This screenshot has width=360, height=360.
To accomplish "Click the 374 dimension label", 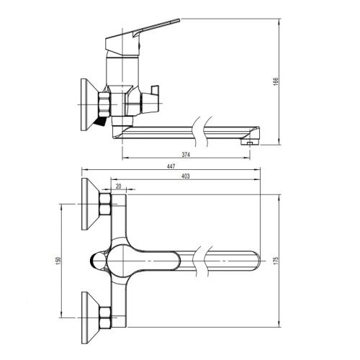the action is click(186, 155).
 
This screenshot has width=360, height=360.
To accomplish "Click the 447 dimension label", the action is click(171, 166).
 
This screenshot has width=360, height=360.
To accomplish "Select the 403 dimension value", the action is click(186, 176).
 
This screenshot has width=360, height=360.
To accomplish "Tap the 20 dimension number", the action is click(119, 186).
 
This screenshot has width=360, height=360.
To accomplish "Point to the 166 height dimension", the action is click(276, 81).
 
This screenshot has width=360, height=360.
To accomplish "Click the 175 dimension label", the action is click(276, 261).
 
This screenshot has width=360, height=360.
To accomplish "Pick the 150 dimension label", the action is click(59, 261).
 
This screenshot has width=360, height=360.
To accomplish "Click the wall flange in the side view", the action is click(89, 104).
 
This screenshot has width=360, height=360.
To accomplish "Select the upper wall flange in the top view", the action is click(90, 204).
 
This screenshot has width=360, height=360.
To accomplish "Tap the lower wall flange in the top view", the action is click(90, 318).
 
